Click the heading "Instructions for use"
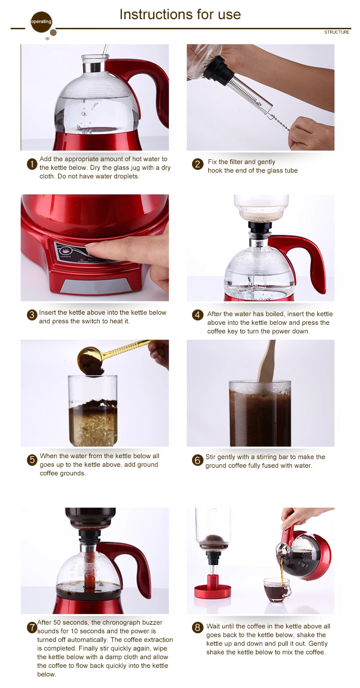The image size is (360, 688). point(180,14)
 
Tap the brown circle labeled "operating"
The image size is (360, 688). point(41,22)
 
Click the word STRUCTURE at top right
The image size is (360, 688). point(336,32)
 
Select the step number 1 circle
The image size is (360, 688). point(32,165)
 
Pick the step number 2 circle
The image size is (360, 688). point(197,164)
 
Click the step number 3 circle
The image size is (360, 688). point(32,315)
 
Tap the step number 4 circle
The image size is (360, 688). point(197,315)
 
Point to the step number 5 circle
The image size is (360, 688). point(32,460)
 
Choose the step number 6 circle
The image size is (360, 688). point(197,460)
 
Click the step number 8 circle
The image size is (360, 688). point(197,628)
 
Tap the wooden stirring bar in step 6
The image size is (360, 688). point(266,363)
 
